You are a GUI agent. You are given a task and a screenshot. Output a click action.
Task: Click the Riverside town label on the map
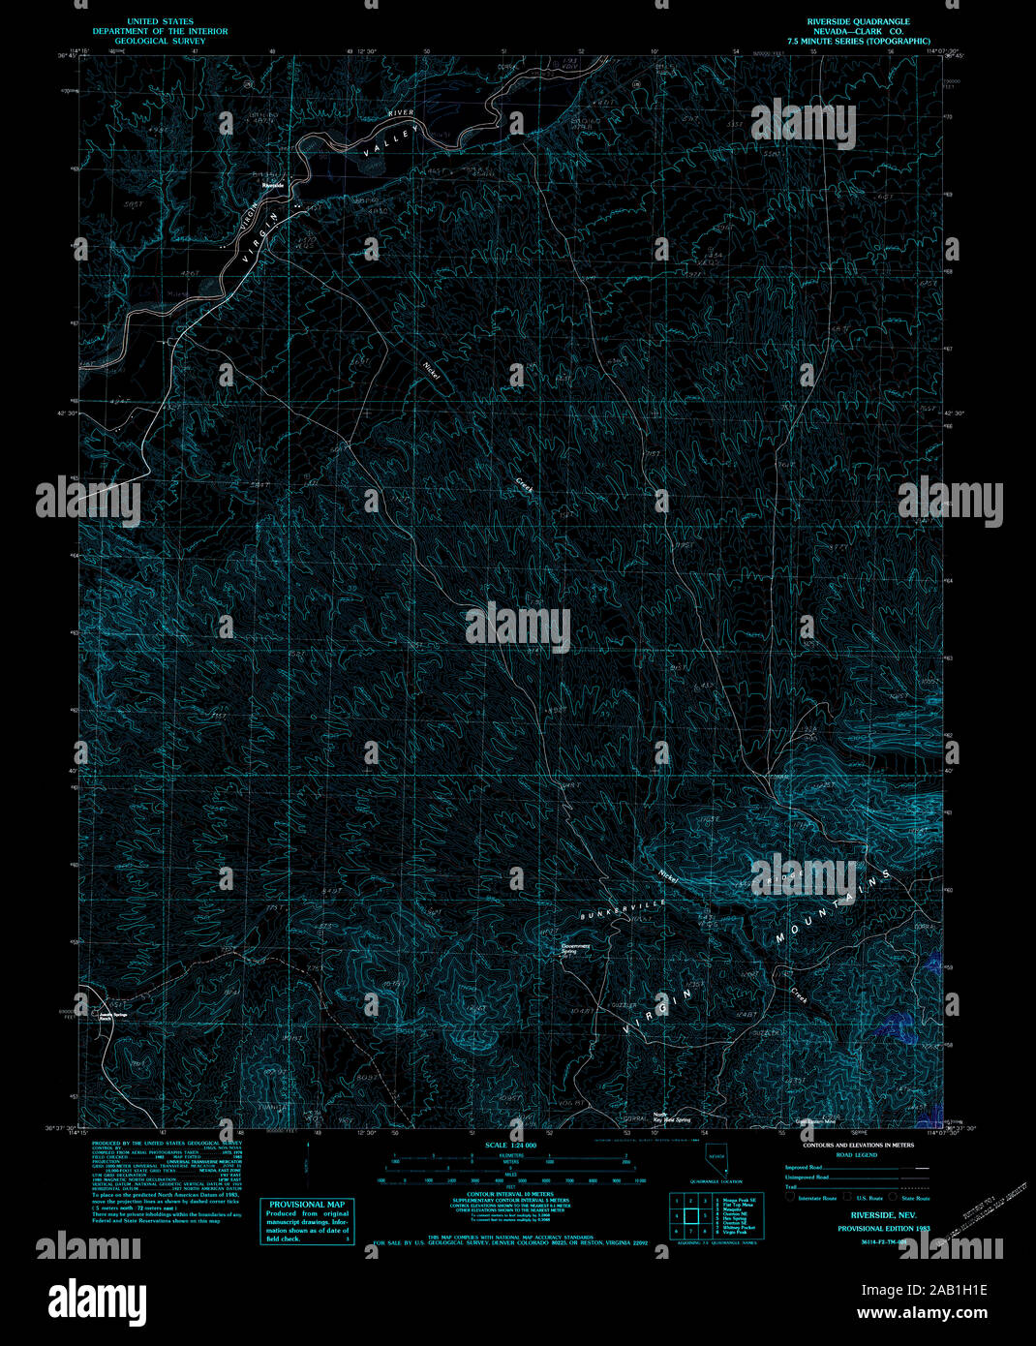pos(271,184)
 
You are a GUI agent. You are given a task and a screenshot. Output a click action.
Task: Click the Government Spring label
pos(576,949)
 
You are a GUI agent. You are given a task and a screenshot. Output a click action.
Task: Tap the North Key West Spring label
pos(671,1117)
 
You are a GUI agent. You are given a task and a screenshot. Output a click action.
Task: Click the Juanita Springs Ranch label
pos(113,1017)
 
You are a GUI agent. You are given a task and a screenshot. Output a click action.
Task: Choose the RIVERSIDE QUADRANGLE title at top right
pos(859,21)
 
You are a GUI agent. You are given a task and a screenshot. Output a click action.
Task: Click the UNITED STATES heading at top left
pos(160,21)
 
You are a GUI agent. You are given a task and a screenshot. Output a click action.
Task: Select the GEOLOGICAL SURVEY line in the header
pos(160,42)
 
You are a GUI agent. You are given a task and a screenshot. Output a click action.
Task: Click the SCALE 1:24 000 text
pos(511,1146)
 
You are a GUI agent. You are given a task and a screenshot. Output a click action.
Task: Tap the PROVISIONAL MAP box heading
pos(307,1205)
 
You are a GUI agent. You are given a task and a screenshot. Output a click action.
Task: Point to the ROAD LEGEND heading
pos(857,1155)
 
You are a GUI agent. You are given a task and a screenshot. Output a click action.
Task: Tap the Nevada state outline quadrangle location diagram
pos(716,1158)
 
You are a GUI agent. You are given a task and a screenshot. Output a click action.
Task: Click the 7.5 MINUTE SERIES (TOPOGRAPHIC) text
pos(859,42)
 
